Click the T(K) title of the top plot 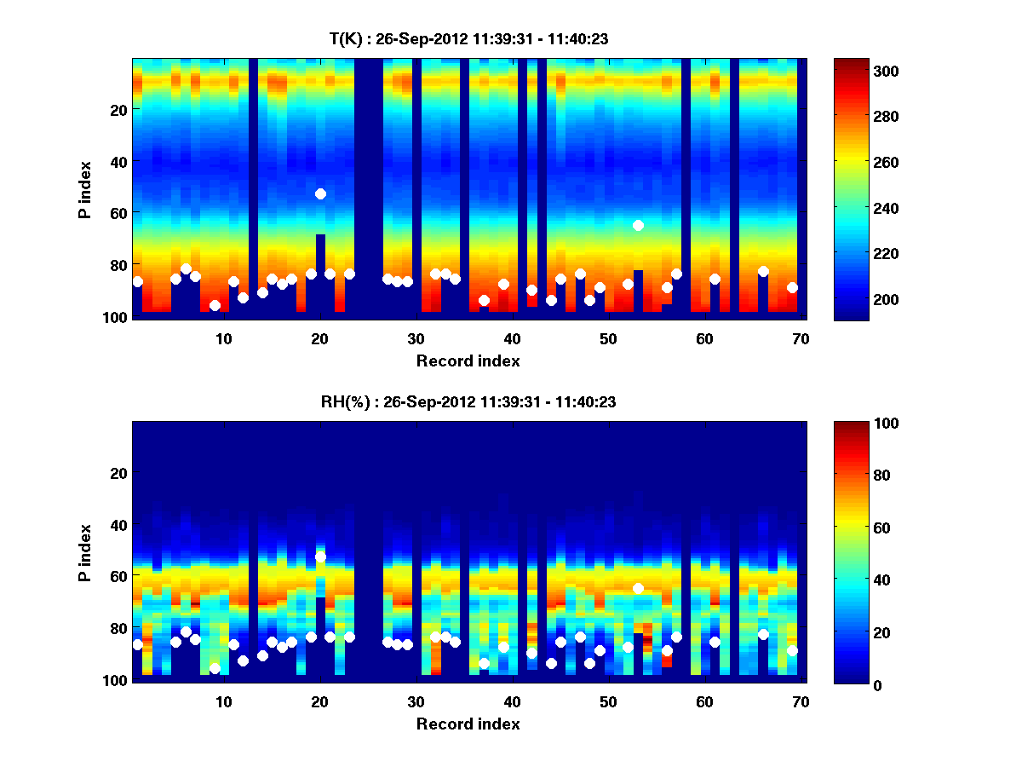tap(468, 39)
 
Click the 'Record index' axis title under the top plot tap(468, 361)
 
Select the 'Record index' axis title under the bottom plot tap(468, 724)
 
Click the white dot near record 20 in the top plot tap(320, 193)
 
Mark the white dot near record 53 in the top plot tap(638, 225)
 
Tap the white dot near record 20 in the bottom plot tap(320, 557)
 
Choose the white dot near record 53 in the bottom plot tap(638, 588)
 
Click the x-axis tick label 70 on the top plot tap(800, 338)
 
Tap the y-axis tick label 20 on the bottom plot tap(118, 473)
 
